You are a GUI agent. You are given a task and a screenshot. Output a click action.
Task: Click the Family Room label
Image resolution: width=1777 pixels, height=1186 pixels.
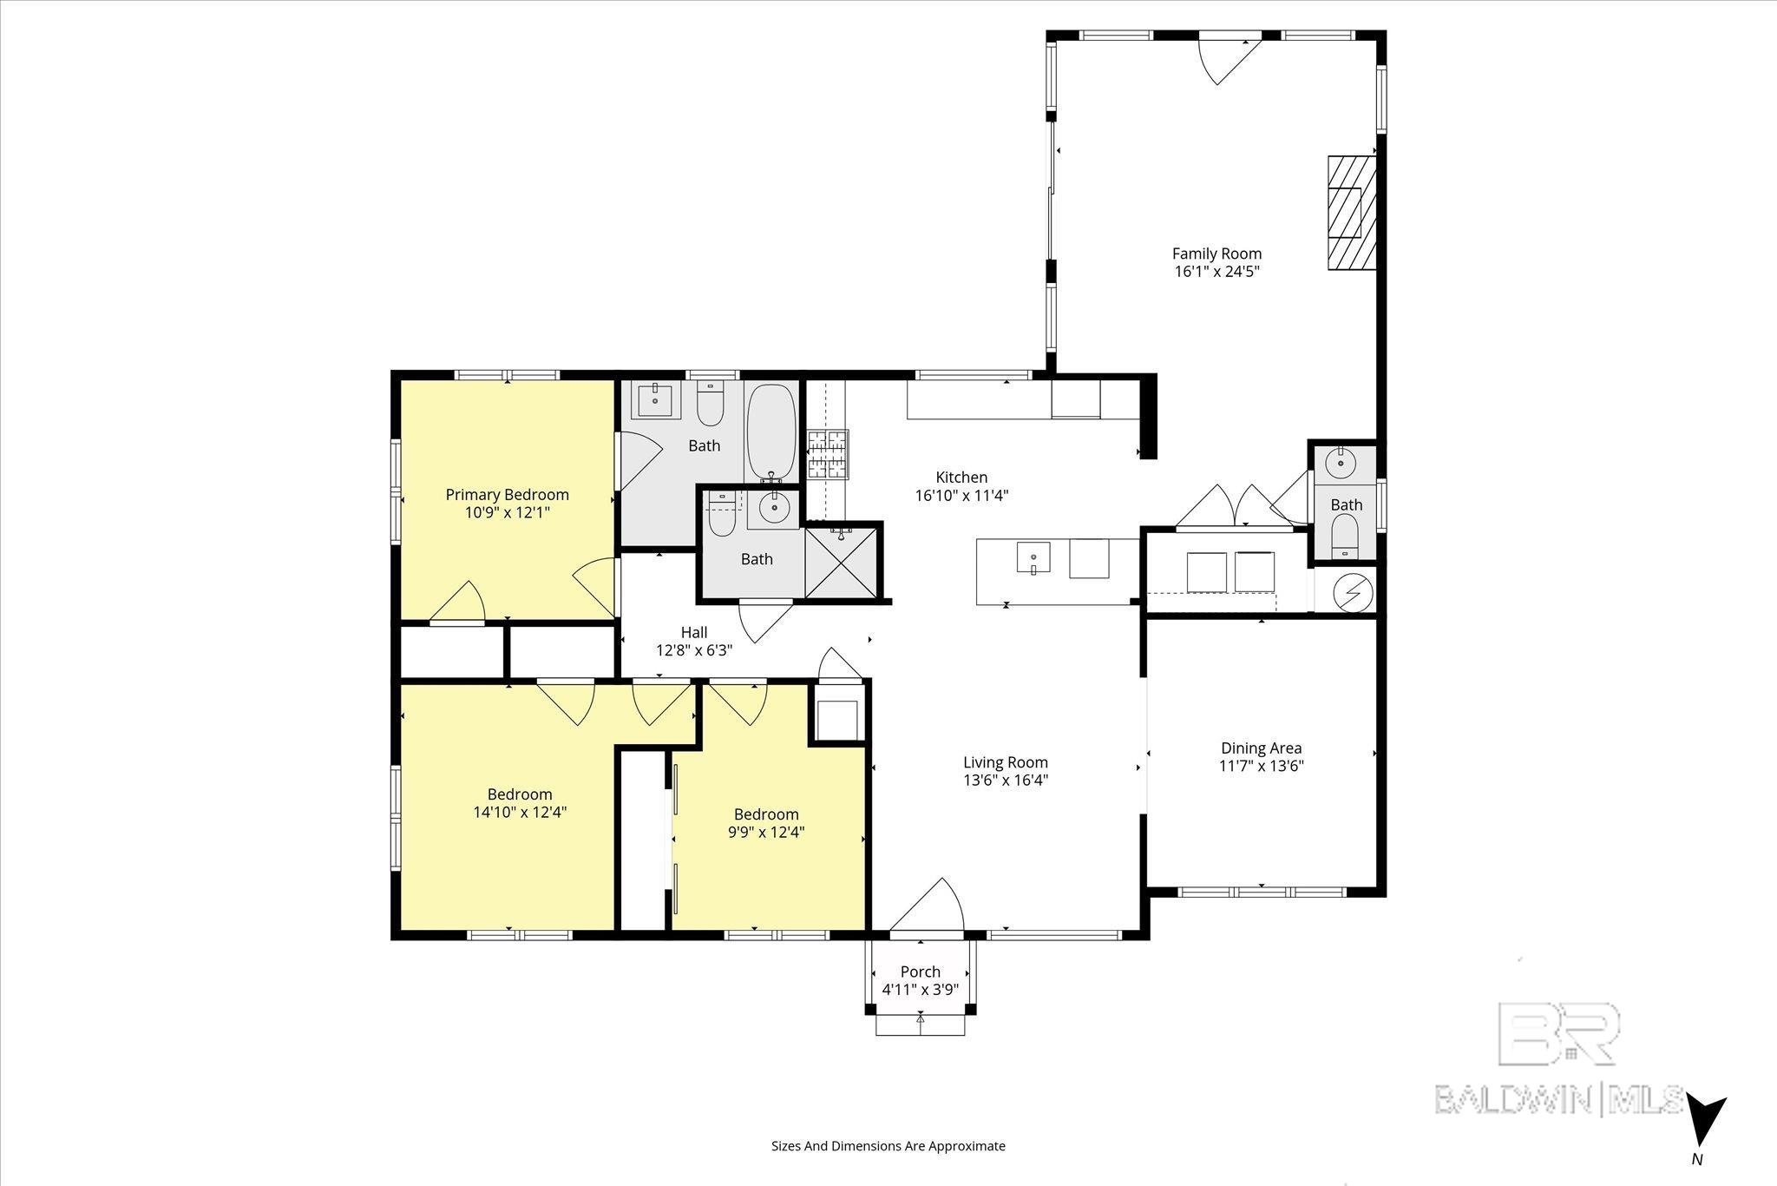click(1216, 254)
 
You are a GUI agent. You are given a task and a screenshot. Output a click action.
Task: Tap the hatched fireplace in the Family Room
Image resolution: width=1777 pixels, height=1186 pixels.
click(1351, 212)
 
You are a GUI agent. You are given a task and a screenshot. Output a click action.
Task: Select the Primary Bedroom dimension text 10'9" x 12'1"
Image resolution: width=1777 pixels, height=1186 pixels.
click(508, 512)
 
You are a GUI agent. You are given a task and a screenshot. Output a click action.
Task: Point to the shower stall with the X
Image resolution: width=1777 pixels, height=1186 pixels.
click(842, 563)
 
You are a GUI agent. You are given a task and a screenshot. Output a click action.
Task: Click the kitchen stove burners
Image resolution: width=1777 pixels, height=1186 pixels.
click(827, 454)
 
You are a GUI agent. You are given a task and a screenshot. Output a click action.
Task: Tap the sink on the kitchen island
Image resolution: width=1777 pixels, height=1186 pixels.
click(1033, 558)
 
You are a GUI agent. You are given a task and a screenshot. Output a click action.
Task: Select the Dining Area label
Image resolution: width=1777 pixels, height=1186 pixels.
click(1262, 748)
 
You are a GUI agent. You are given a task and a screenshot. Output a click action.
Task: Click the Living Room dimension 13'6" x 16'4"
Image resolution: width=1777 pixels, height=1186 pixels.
click(1006, 780)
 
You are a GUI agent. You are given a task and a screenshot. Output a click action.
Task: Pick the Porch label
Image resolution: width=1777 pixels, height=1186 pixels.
click(920, 972)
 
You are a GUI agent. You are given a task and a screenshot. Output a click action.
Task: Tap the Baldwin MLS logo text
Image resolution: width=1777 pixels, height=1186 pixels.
click(1559, 1098)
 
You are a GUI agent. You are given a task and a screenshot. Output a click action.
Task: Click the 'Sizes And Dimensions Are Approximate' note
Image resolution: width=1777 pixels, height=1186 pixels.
click(888, 1145)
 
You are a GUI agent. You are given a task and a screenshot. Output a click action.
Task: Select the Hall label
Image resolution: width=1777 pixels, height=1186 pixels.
click(694, 632)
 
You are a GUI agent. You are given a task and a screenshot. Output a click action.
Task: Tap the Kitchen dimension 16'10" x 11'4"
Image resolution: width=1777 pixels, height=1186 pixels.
click(961, 496)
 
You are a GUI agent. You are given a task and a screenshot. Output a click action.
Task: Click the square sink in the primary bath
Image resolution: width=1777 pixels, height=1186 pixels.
click(655, 401)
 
